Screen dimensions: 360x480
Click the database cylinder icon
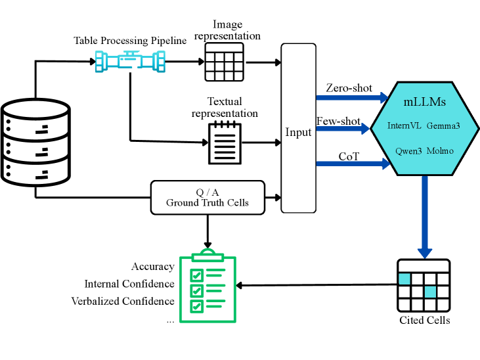[x=36, y=142]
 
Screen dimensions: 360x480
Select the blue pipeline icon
[x=129, y=62]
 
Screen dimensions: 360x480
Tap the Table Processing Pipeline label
[x=130, y=41]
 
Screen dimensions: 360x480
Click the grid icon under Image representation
[x=224, y=62]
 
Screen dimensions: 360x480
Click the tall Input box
[x=298, y=128]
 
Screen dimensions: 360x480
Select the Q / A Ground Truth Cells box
[x=207, y=197]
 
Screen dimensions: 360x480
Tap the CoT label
[x=348, y=156]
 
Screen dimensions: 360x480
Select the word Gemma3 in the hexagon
[x=443, y=125]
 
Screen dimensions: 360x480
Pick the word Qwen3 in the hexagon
[x=408, y=150]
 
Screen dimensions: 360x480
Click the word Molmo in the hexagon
[x=440, y=150]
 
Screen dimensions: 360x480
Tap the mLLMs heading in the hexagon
[x=425, y=102]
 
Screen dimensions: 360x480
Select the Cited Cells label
[x=425, y=321]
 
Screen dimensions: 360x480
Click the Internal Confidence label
[x=129, y=284]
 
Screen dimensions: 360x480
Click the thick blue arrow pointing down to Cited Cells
[x=425, y=217]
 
